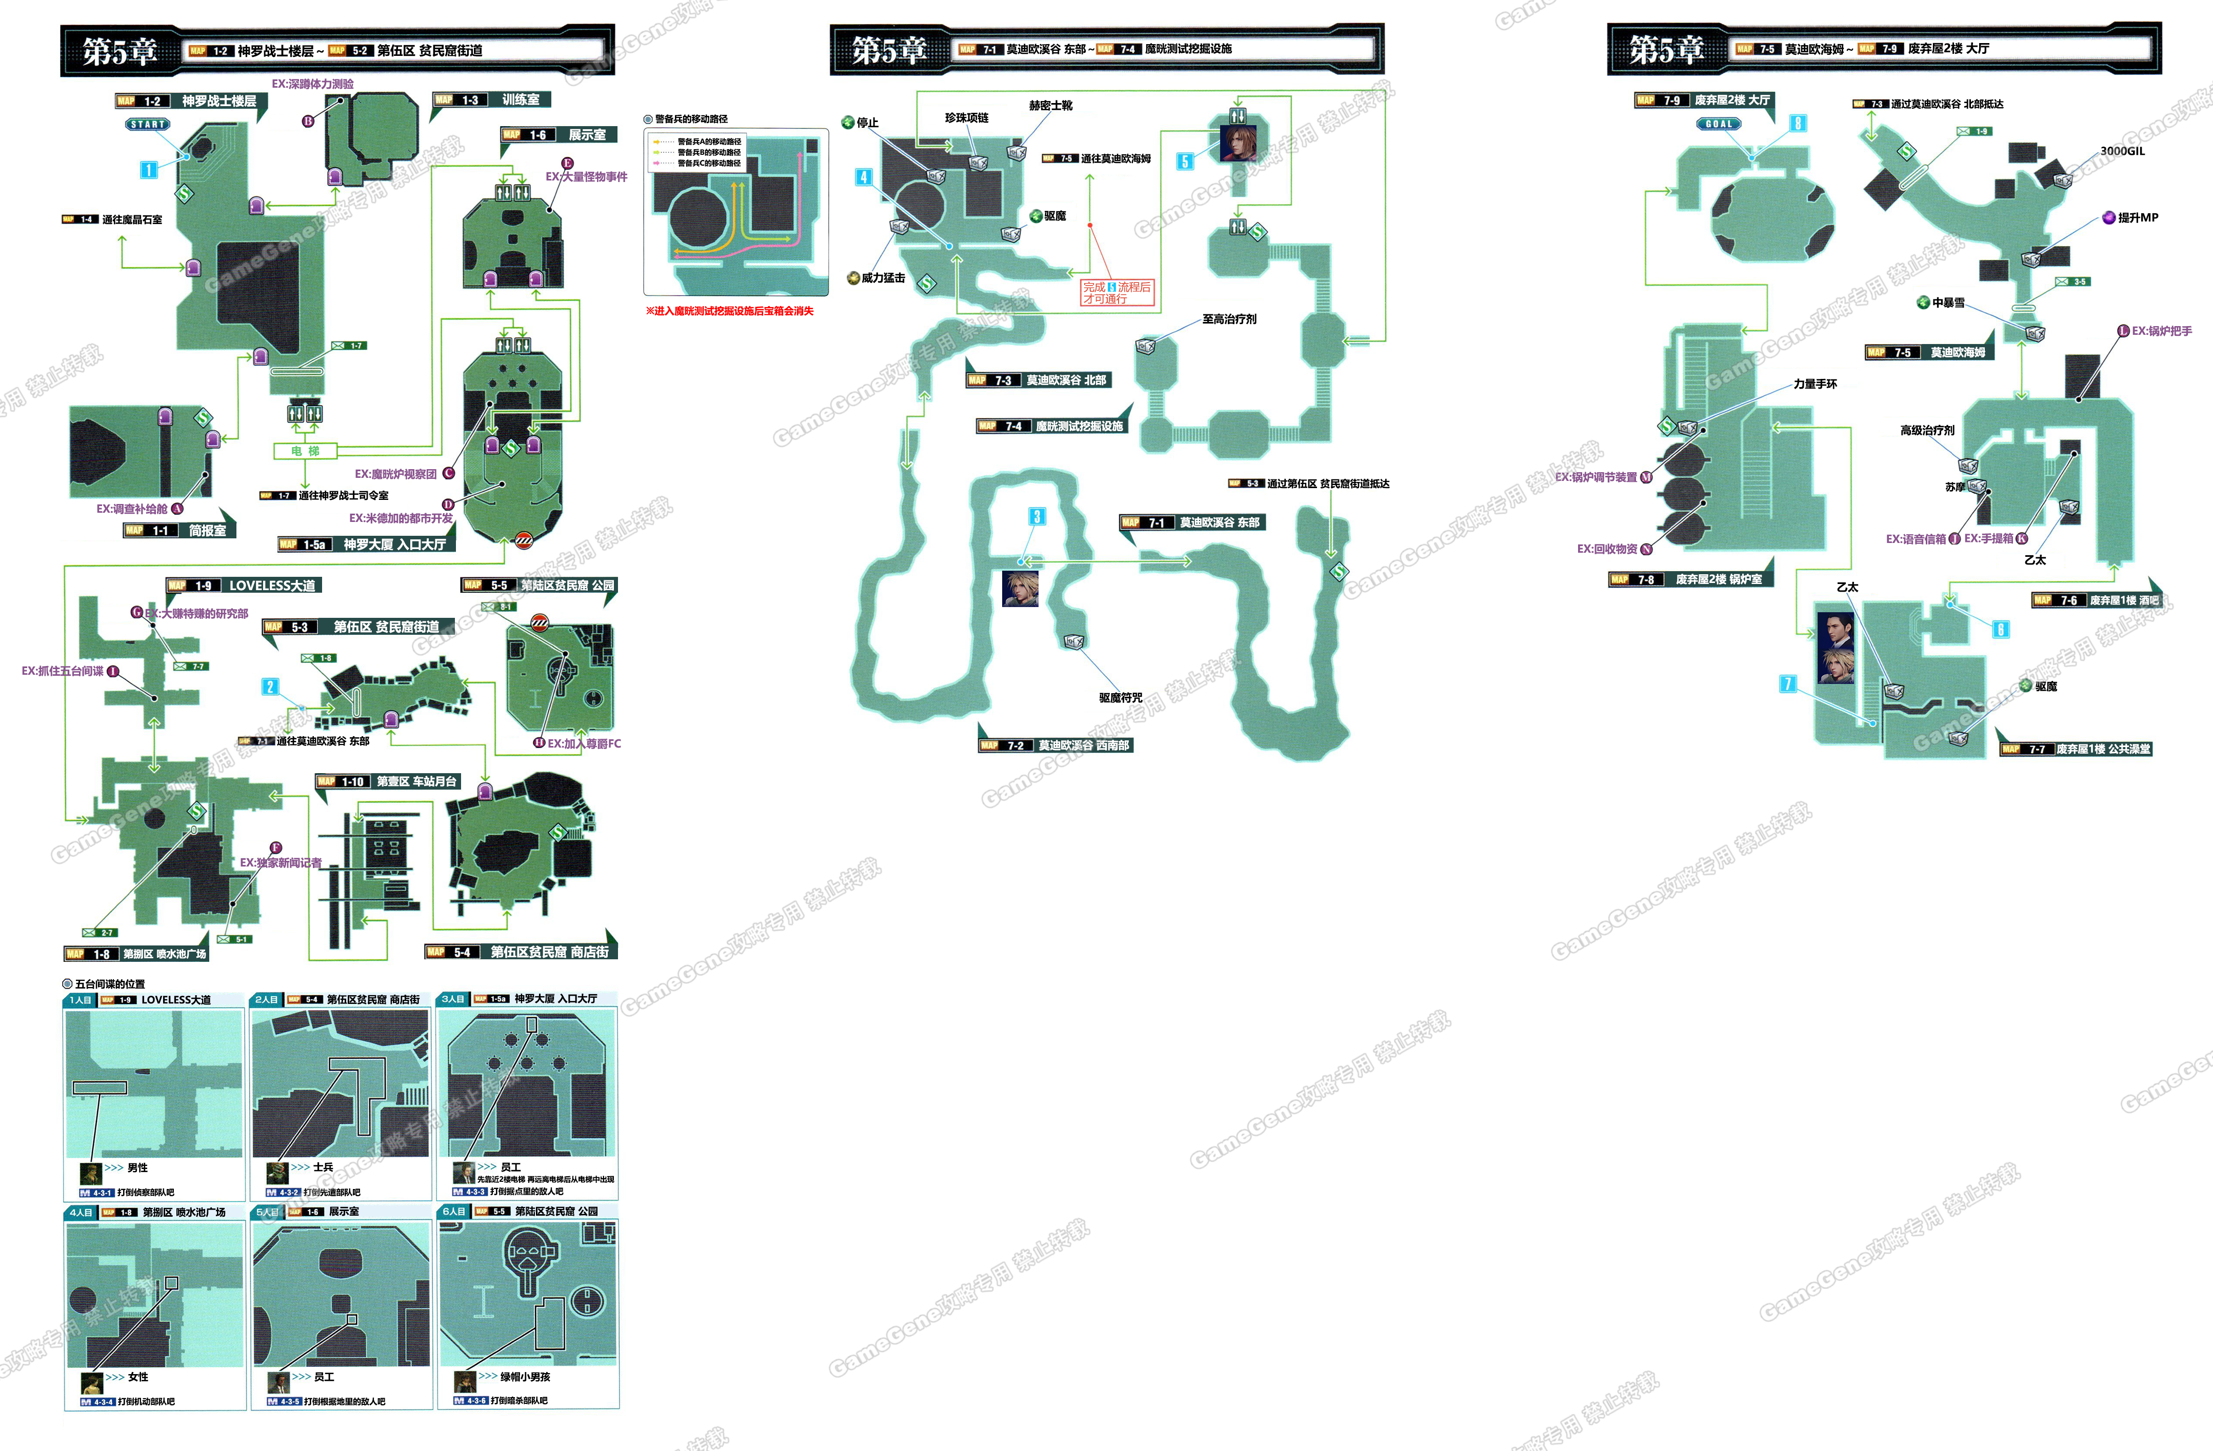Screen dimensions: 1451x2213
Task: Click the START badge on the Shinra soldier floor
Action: pos(148,124)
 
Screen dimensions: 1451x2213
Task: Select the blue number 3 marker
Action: pos(1037,517)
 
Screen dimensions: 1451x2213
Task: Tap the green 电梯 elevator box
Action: pos(305,451)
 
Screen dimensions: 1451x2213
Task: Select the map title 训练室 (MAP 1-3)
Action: pos(520,99)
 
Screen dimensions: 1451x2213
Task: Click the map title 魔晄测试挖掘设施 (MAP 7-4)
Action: pos(1079,426)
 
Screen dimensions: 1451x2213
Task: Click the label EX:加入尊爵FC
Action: pos(583,743)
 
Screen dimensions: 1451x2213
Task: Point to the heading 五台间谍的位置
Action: pos(109,983)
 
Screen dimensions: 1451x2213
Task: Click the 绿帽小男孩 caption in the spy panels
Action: pos(525,1377)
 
